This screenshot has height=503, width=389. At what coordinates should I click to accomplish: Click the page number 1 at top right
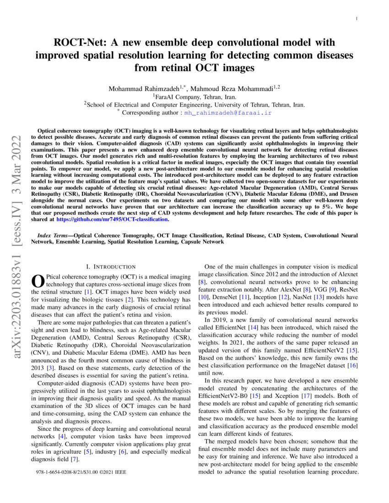pyautogui.click(x=357, y=18)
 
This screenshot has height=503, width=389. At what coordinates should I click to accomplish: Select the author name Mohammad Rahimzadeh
pyautogui.click(x=137, y=89)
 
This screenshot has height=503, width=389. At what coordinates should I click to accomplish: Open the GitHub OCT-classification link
pyautogui.click(x=113, y=219)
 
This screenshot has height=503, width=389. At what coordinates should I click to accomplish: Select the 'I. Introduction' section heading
pyautogui.click(x=111, y=267)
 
